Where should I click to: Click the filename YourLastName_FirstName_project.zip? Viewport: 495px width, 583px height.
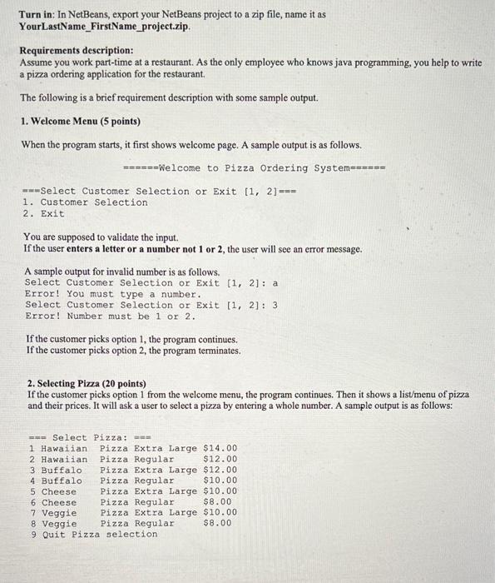click(x=105, y=26)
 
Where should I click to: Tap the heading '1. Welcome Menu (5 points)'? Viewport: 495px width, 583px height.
click(x=81, y=121)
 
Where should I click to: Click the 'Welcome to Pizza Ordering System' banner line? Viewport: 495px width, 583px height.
click(x=254, y=168)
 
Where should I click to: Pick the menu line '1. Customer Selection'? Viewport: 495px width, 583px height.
click(x=86, y=202)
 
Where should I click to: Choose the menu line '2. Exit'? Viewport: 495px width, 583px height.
click(x=44, y=214)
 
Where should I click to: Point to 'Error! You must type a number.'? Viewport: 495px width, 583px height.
click(x=113, y=294)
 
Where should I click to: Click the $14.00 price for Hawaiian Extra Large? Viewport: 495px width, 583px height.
click(x=220, y=448)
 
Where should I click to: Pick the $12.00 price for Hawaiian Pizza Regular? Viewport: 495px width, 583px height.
click(x=220, y=459)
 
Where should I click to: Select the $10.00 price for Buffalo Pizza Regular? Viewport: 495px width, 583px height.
click(x=220, y=481)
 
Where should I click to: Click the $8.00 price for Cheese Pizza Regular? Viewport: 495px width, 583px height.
click(x=218, y=502)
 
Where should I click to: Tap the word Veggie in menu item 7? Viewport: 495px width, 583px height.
click(x=59, y=513)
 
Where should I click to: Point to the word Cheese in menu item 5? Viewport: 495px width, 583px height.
click(x=59, y=491)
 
